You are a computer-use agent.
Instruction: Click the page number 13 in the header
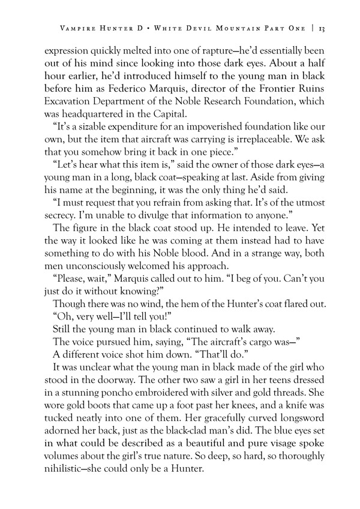322,28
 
